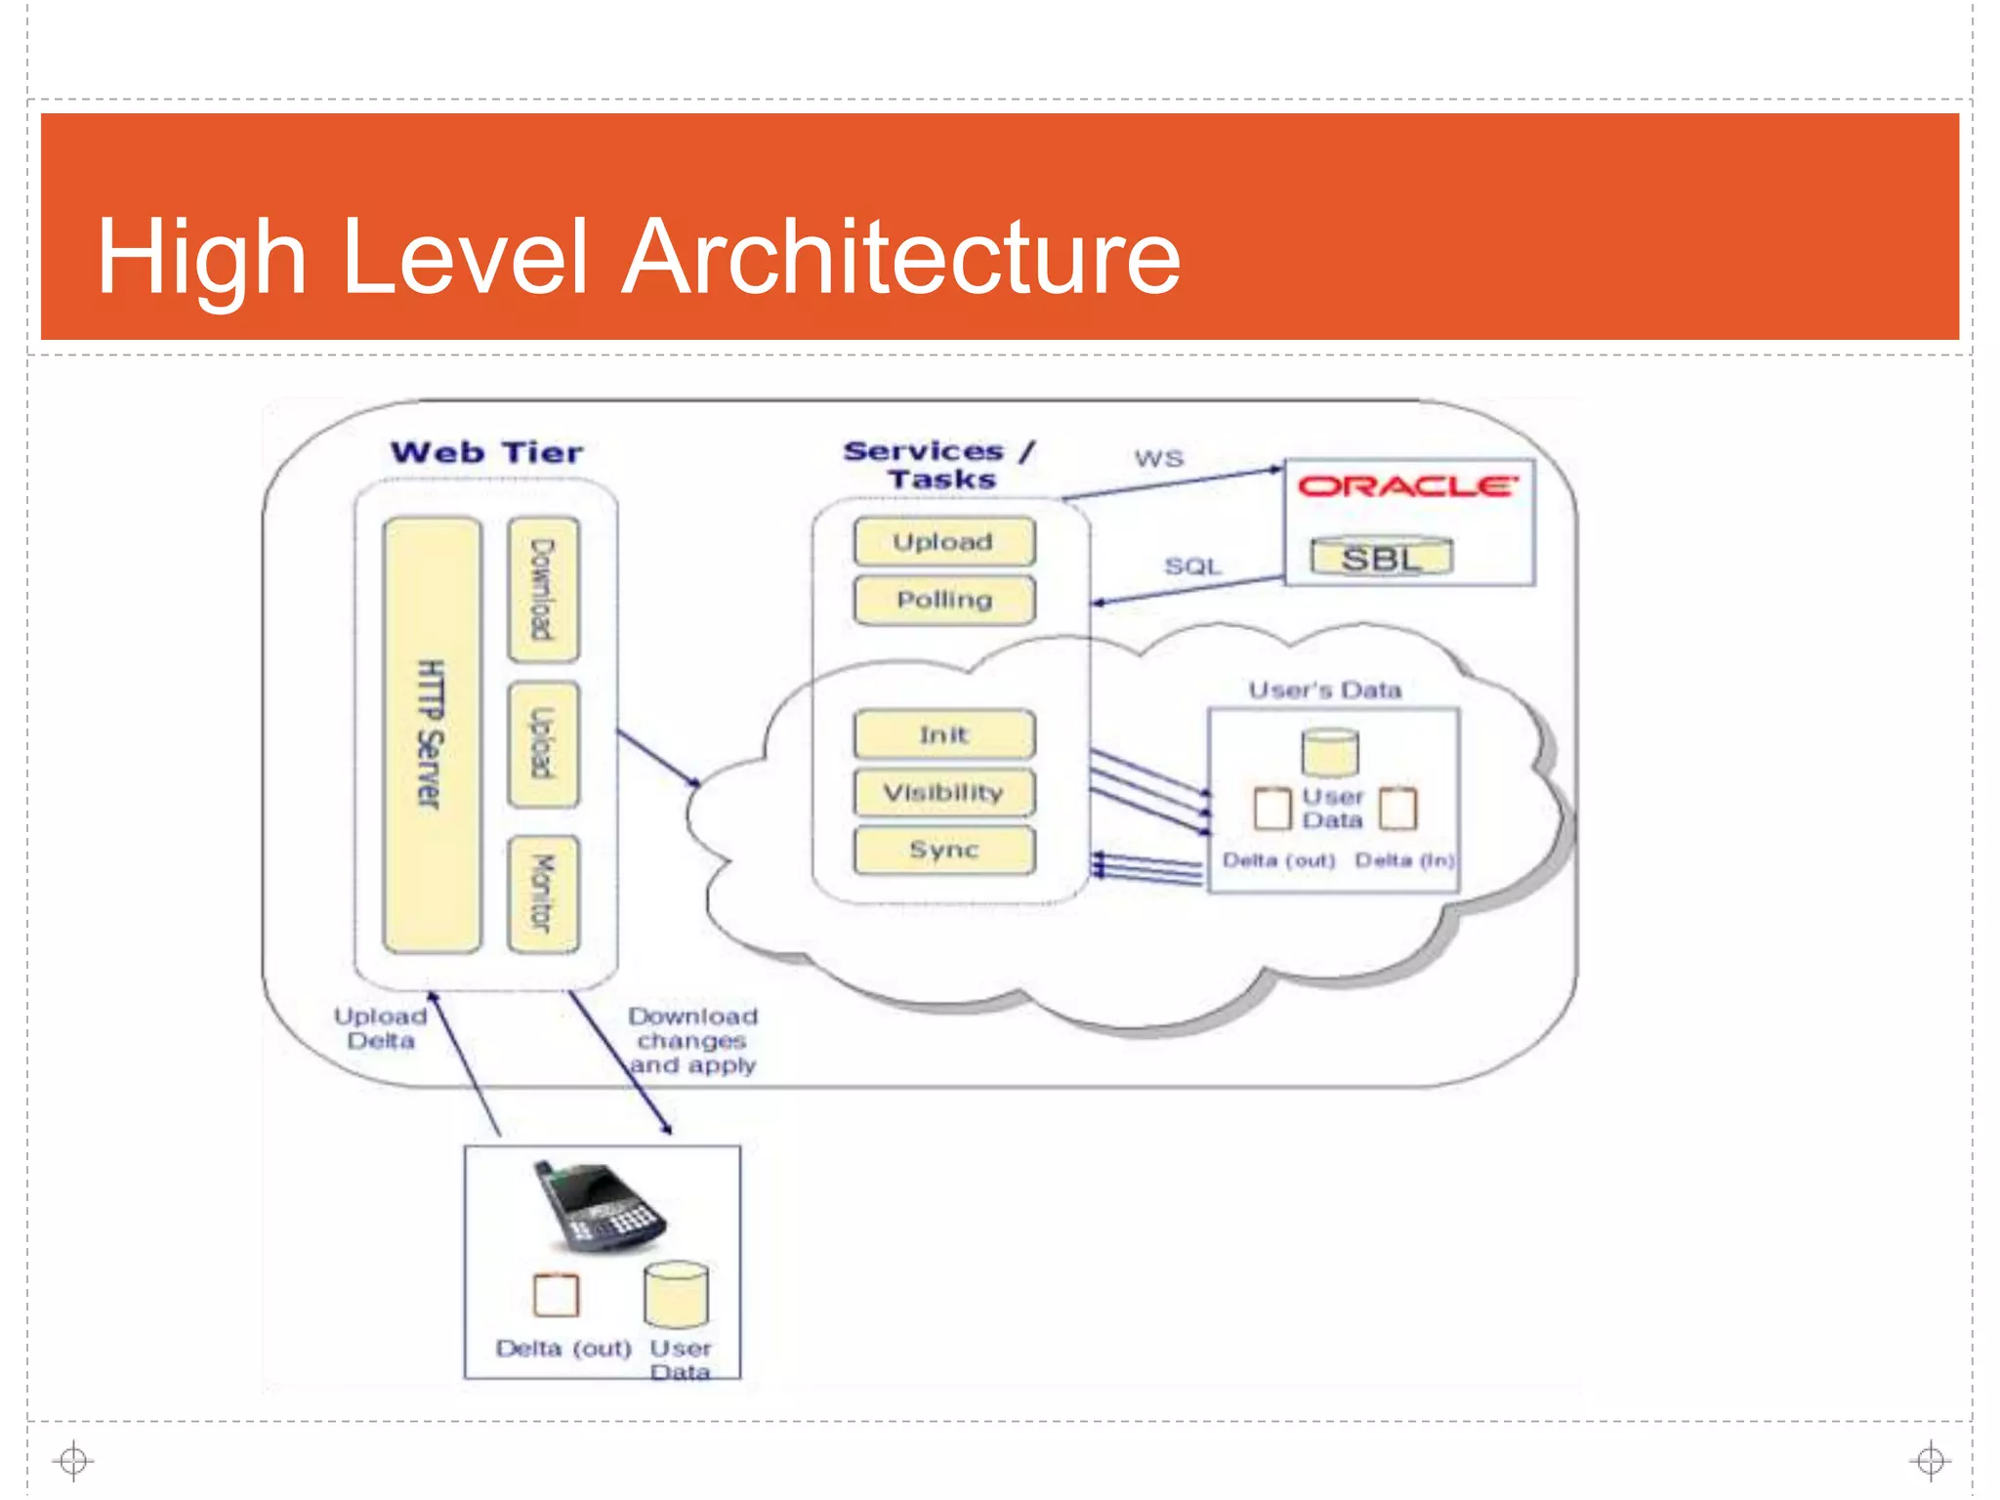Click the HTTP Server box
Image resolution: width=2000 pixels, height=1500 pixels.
[x=432, y=734]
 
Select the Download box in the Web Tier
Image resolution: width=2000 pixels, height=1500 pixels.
[x=543, y=590]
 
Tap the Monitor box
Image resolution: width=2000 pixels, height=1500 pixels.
[x=543, y=894]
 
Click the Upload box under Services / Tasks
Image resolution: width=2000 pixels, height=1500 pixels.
[x=943, y=542]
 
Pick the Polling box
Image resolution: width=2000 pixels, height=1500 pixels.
[x=943, y=600]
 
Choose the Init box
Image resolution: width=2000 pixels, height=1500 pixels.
[x=943, y=734]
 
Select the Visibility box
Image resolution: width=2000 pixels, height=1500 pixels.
[x=943, y=792]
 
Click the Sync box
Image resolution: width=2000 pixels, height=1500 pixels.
[x=943, y=850]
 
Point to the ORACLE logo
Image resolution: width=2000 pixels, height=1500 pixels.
[x=1407, y=485]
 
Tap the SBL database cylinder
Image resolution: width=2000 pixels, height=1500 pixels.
[x=1382, y=558]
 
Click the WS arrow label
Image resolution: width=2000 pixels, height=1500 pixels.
[x=1158, y=458]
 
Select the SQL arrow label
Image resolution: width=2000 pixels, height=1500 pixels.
[x=1192, y=566]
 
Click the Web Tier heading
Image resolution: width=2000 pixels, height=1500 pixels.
[x=486, y=452]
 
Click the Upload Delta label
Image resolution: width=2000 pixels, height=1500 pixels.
[x=381, y=1028]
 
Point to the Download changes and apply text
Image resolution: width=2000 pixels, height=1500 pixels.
[x=692, y=1041]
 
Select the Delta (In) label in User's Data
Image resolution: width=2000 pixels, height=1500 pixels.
[x=1404, y=860]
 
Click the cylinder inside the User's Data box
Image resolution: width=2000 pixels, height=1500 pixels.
[x=1330, y=753]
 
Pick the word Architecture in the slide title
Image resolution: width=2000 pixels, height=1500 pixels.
[x=900, y=257]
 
